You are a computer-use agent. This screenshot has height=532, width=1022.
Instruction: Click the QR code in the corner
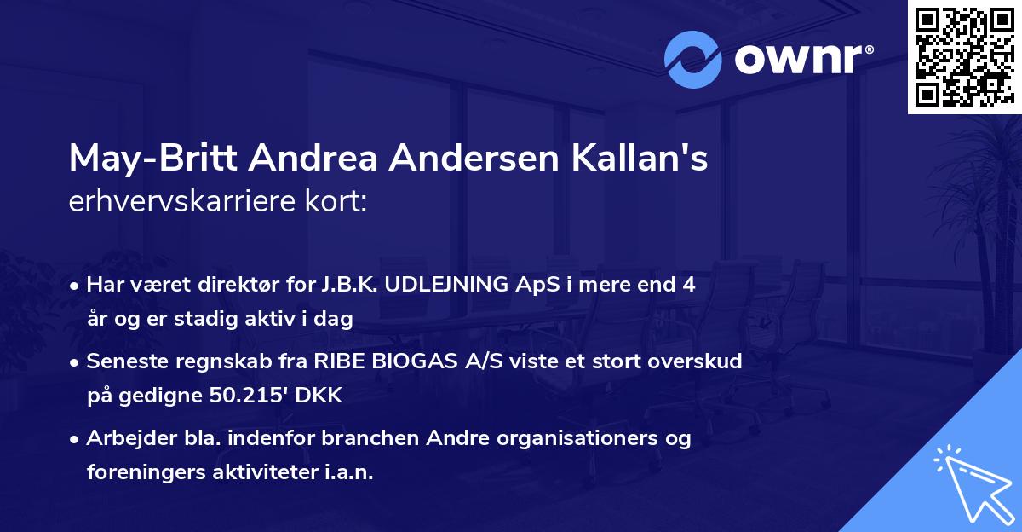point(964,57)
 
